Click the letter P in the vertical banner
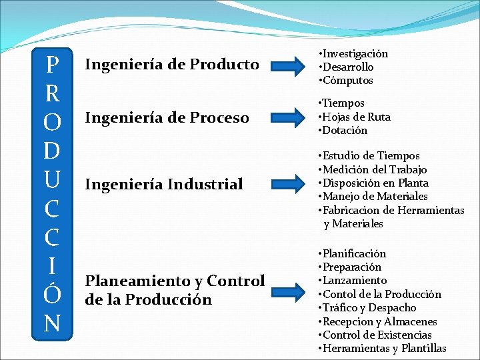point(51,65)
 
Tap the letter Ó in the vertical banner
point(51,294)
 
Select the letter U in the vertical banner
point(51,179)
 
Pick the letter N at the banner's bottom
point(51,323)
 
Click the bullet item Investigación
point(355,53)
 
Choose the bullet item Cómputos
point(348,81)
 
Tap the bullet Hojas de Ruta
point(357,117)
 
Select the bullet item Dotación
point(345,131)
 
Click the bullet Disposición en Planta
point(376,183)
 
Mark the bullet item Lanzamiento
point(355,281)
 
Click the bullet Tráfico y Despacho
point(370,308)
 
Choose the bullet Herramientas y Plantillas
point(385,349)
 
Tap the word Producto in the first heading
point(224,65)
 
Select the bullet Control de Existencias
point(377,335)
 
